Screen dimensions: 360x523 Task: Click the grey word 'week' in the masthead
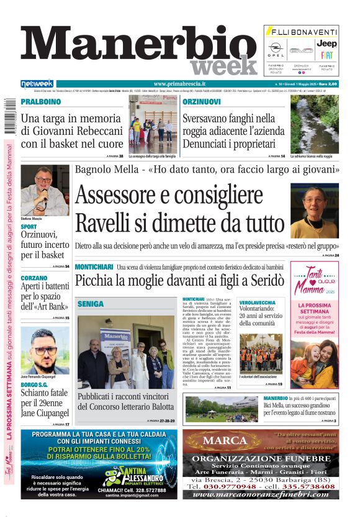point(223,66)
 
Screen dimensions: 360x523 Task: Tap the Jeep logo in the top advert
point(326,43)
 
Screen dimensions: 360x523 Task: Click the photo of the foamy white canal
point(315,123)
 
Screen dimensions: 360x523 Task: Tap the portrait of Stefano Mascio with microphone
point(44,190)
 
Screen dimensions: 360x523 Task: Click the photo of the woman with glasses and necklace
point(315,211)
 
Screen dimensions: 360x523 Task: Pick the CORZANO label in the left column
point(34,278)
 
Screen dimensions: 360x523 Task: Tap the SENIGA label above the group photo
point(91,304)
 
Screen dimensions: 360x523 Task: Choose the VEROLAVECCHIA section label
point(258,302)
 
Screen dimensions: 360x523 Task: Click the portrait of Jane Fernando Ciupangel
point(44,350)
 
